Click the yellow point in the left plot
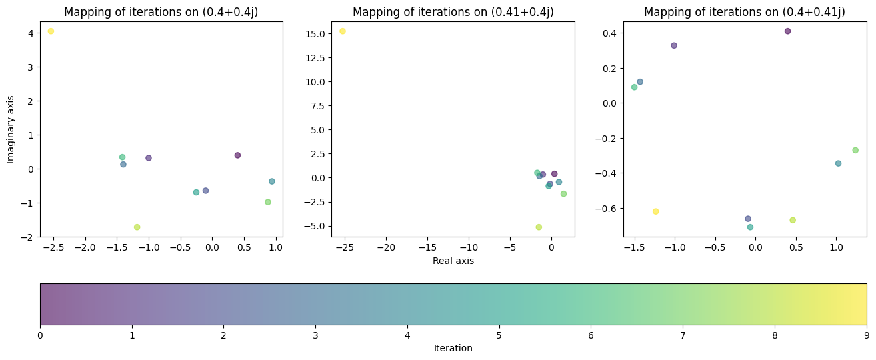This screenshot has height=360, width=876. click(x=51, y=31)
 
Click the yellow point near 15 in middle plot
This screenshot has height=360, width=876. click(x=343, y=31)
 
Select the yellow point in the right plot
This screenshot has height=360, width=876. click(x=655, y=211)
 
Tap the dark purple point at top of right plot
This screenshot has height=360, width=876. click(x=787, y=31)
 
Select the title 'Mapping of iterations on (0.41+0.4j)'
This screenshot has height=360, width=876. click(x=453, y=12)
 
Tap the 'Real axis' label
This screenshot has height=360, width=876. click(x=453, y=261)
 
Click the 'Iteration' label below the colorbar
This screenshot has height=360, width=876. click(x=453, y=348)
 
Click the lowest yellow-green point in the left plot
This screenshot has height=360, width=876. click(x=137, y=227)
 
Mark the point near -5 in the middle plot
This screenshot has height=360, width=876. click(x=539, y=227)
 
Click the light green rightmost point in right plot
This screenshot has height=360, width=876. click(x=855, y=150)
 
